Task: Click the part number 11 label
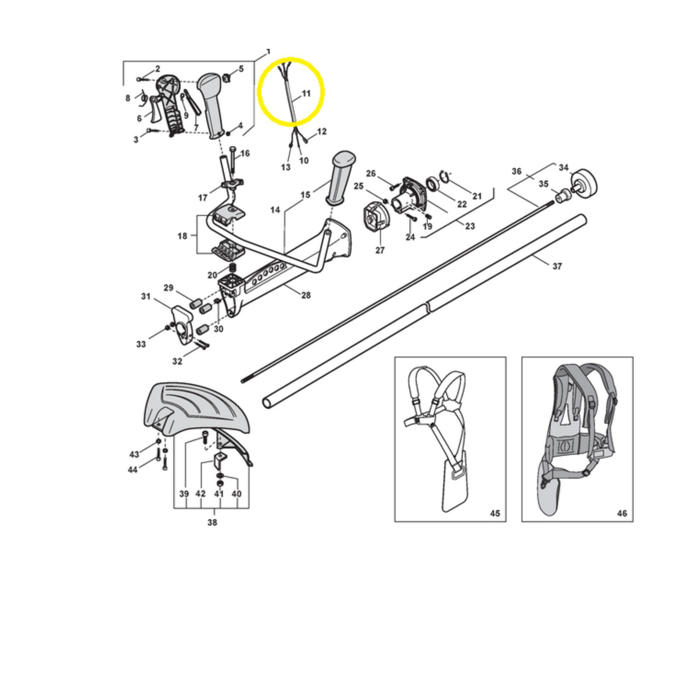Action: point(306,94)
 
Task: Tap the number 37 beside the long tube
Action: point(557,266)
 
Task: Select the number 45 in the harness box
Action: point(495,513)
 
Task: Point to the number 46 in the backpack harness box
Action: point(622,513)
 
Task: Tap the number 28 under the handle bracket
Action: point(306,295)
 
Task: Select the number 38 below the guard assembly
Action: point(212,522)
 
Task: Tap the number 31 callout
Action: point(146,296)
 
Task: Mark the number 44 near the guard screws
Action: point(132,470)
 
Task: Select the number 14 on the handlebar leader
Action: point(275,210)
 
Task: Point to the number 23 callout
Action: point(470,226)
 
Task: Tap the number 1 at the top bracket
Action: point(269,52)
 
